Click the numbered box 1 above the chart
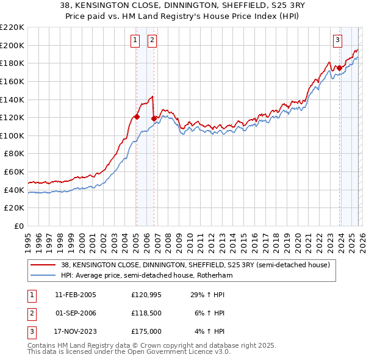[x=135, y=41]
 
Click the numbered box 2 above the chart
[x=152, y=41]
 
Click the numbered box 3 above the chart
[x=337, y=41]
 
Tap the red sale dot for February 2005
[x=137, y=117]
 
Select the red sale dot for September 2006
[x=154, y=118]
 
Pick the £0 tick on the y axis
[x=18, y=226]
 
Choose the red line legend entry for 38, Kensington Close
[x=195, y=265]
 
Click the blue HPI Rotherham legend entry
[x=146, y=275]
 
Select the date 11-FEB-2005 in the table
[x=75, y=295]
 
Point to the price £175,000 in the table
[x=146, y=331]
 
